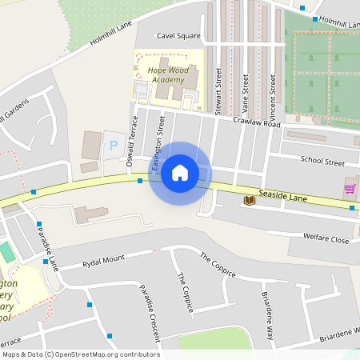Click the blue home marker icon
pyautogui.click(x=180, y=173)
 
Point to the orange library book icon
pyautogui.click(x=250, y=199)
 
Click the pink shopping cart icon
pyautogui.click(x=350, y=189)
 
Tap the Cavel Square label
pyautogui.click(x=178, y=36)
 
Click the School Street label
pyautogui.click(x=322, y=161)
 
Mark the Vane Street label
pyautogui.click(x=246, y=92)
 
